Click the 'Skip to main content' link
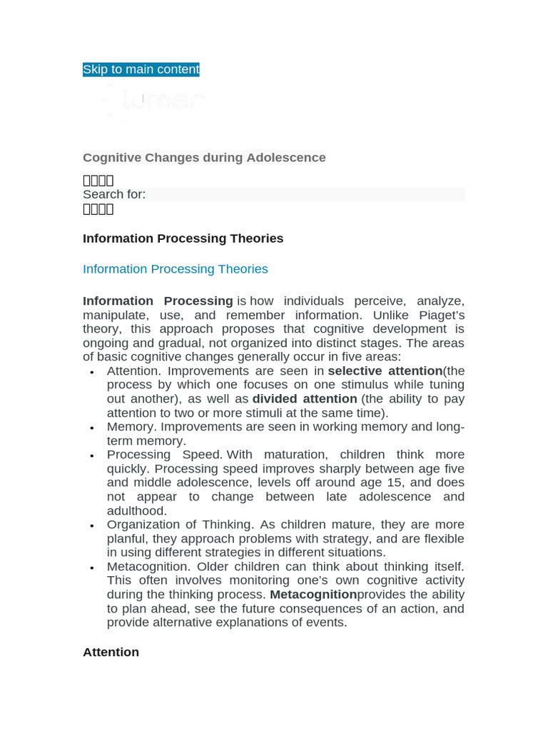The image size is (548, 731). (x=141, y=69)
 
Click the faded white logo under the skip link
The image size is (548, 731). (x=153, y=101)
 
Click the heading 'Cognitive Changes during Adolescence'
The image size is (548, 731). (x=204, y=157)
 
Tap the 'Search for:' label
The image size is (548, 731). (x=114, y=194)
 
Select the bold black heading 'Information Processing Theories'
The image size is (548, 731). (x=183, y=238)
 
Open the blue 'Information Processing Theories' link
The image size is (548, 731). (x=175, y=269)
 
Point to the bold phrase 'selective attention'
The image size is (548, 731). (x=385, y=370)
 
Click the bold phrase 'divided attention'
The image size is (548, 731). (x=305, y=398)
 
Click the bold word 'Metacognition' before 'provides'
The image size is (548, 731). (x=313, y=595)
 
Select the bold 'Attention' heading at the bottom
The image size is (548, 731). (x=111, y=652)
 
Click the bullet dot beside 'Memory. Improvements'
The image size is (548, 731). (x=91, y=428)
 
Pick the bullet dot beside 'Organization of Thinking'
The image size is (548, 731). (x=91, y=526)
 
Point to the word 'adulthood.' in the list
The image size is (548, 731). (x=136, y=510)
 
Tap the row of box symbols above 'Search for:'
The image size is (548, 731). (x=98, y=181)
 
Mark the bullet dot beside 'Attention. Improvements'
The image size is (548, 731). (x=91, y=372)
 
